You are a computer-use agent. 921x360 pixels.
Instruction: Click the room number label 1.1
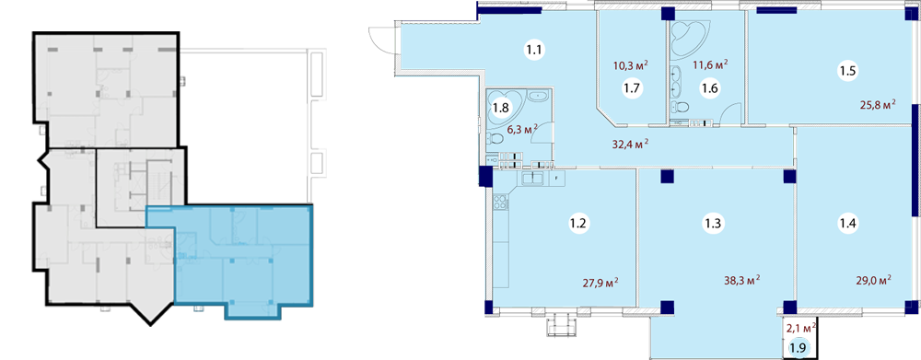click(533, 50)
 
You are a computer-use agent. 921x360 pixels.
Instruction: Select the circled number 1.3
click(716, 224)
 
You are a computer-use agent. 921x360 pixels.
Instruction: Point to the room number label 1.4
click(847, 224)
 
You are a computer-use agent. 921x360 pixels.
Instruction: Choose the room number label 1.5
click(847, 72)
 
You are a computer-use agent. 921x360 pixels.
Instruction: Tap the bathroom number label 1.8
click(500, 108)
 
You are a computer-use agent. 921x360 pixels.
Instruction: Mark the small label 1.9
click(798, 348)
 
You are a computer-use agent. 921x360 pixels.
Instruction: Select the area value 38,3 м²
click(744, 279)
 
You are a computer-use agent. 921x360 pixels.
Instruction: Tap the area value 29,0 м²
click(875, 279)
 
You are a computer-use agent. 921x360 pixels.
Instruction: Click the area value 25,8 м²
click(879, 105)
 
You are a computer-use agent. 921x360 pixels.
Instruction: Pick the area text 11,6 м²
click(711, 64)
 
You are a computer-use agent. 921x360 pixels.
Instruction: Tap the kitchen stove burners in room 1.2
click(500, 203)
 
